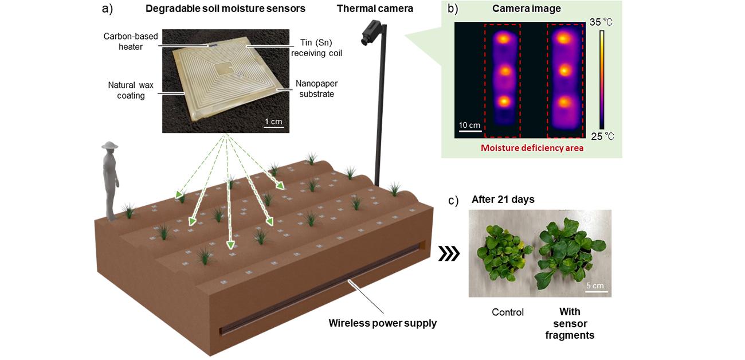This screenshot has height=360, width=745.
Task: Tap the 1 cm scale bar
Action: [x=273, y=126]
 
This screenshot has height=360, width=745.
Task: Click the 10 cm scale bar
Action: [x=469, y=131]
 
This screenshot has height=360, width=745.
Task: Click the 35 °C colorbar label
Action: [x=601, y=22]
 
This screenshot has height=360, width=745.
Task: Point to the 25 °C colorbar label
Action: [x=601, y=136]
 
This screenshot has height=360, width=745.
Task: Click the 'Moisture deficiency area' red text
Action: [x=531, y=148]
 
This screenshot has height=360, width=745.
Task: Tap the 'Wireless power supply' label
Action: [x=382, y=323]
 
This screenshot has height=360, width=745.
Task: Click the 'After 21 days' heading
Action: [x=503, y=199]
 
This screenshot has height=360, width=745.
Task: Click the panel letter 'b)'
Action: [x=452, y=9]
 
